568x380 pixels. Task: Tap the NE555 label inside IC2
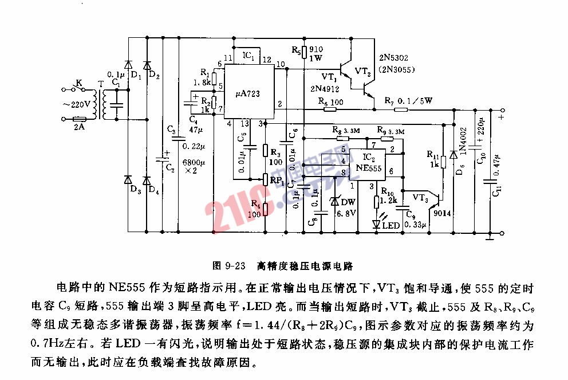tap(369, 168)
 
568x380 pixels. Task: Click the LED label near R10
tap(391, 225)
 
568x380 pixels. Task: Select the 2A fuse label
tap(78, 127)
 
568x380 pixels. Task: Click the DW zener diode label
tap(349, 202)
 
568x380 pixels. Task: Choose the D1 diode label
tap(136, 75)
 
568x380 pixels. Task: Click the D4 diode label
tap(153, 190)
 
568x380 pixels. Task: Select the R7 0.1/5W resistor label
tap(408, 100)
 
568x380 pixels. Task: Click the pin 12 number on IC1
tap(266, 59)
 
